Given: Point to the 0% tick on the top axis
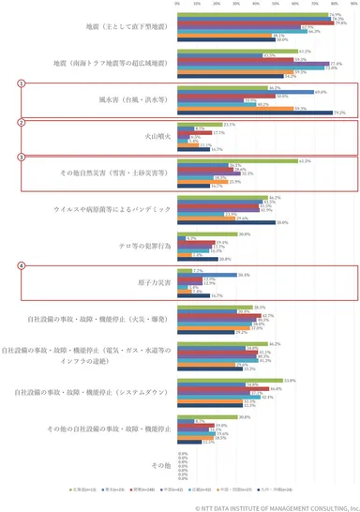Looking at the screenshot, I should click(178, 5).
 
